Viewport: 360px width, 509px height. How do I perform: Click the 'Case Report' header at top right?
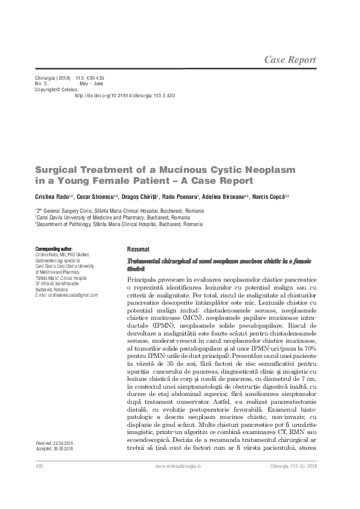click(x=290, y=59)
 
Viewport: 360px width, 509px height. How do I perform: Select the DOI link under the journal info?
click(x=124, y=96)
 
